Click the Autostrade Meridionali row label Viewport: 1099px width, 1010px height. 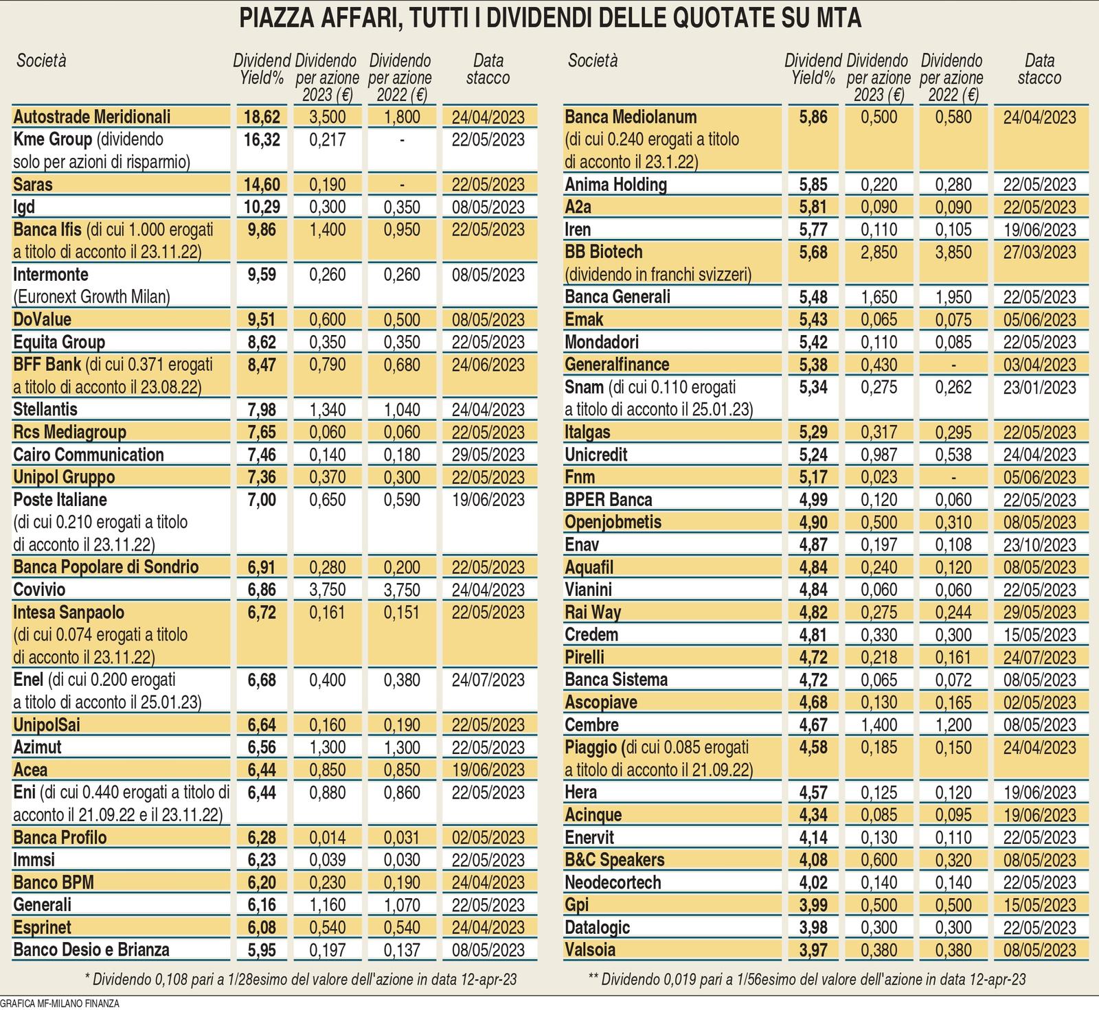(x=92, y=117)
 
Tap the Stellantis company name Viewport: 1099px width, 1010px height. (x=45, y=410)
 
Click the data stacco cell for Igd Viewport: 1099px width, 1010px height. (x=488, y=207)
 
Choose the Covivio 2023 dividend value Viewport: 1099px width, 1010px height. (x=328, y=590)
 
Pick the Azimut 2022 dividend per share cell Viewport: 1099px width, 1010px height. (x=402, y=747)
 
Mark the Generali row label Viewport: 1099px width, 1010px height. (x=43, y=905)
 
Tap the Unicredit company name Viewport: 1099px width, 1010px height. (x=596, y=455)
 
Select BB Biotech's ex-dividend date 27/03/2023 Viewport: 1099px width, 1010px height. (x=1039, y=253)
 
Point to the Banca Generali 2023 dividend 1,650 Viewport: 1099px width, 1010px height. (x=879, y=297)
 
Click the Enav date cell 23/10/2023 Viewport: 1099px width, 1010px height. (x=1039, y=545)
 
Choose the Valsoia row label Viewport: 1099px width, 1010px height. (x=590, y=950)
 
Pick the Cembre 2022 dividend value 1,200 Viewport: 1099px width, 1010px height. (x=953, y=725)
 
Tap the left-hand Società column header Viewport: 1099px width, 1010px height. (x=41, y=60)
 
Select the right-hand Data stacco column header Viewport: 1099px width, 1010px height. (x=1039, y=69)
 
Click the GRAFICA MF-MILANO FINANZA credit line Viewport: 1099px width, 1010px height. (x=60, y=1003)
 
